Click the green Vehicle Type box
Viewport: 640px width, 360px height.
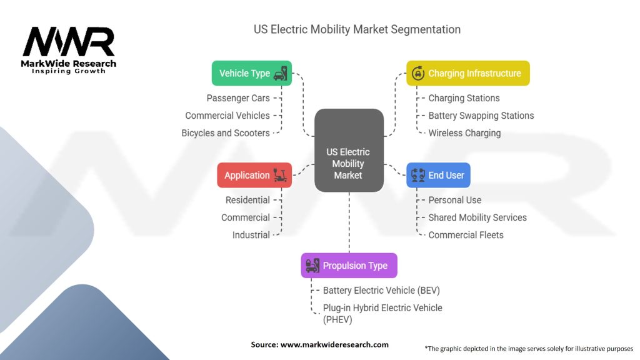(252, 73)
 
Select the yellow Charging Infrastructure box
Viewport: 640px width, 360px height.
(467, 73)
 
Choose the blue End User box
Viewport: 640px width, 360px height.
(438, 175)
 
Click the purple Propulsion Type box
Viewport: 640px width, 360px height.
(349, 266)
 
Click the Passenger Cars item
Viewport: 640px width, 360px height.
(238, 98)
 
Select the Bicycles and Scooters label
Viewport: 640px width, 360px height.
(226, 133)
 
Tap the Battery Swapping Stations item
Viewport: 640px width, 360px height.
(481, 116)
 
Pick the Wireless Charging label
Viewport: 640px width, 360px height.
(464, 133)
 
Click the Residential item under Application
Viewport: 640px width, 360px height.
(247, 200)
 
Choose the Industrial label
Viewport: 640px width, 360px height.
(251, 235)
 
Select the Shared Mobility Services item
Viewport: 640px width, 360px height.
(477, 217)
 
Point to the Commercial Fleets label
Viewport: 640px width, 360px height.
(466, 235)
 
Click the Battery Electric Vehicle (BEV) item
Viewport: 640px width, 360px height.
(381, 291)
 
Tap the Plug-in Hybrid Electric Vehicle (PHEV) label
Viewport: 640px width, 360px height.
(382, 313)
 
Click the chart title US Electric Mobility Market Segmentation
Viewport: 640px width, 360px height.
(357, 29)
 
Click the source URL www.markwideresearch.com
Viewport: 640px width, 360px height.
(334, 344)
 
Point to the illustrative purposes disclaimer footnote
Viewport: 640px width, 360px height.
(528, 348)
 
